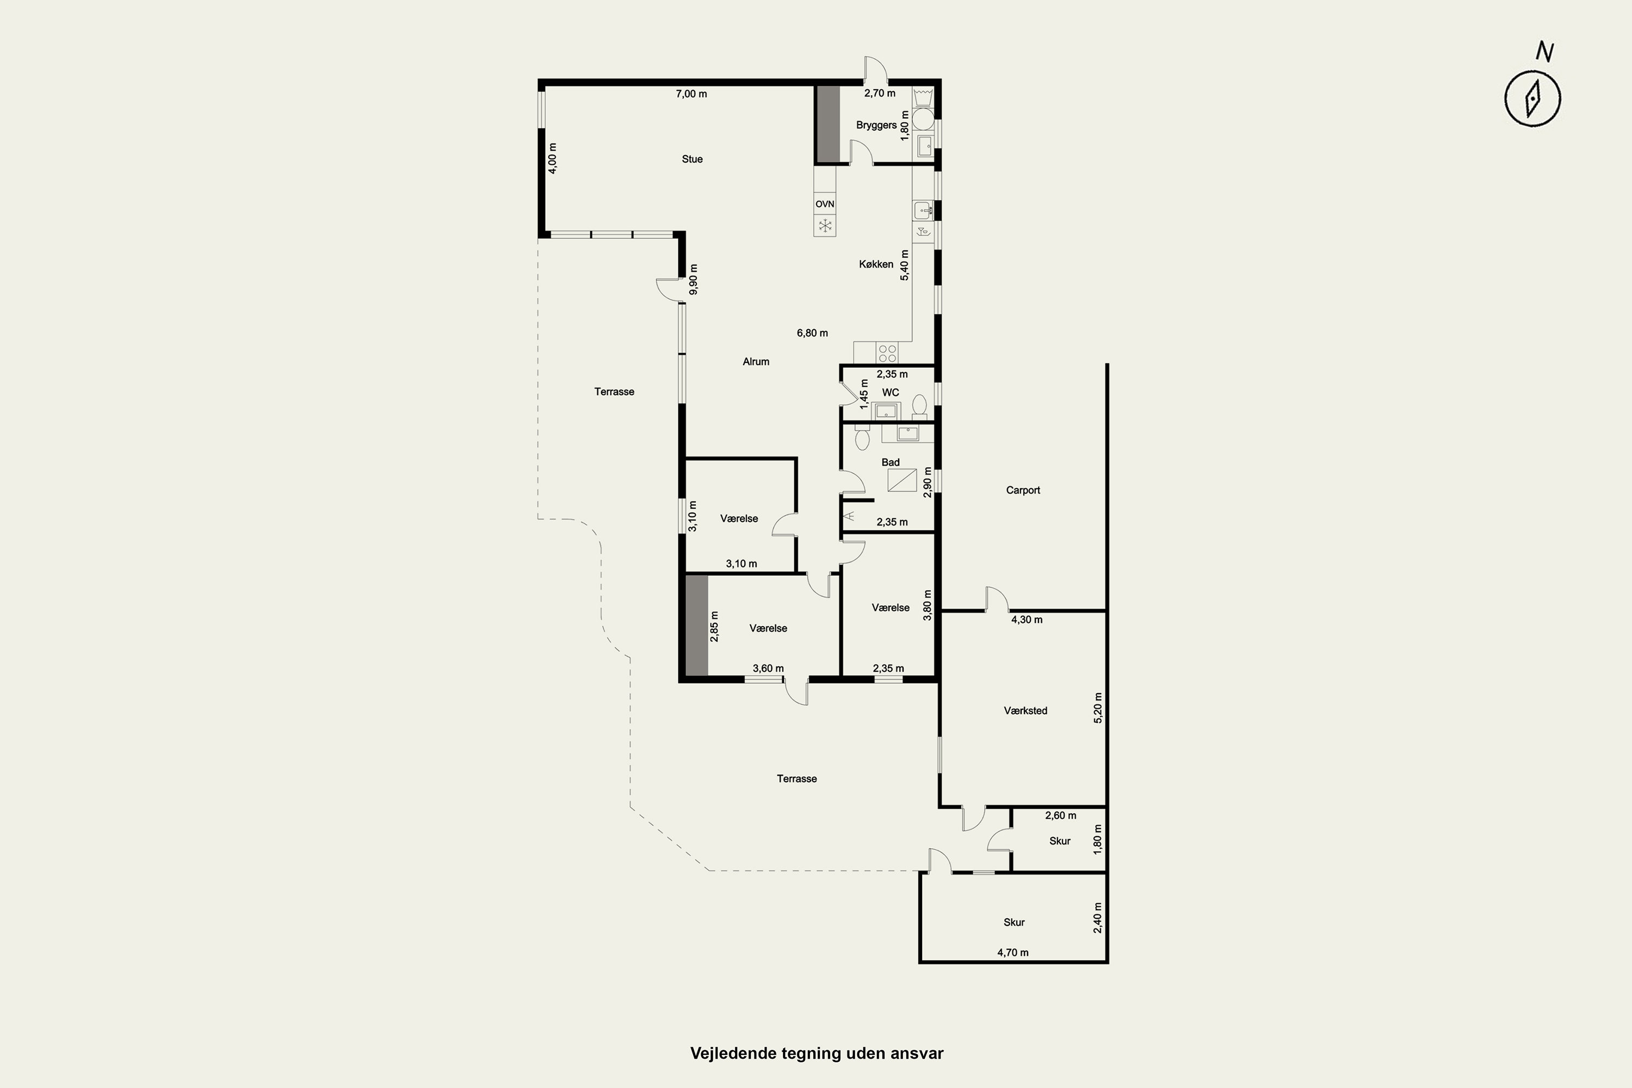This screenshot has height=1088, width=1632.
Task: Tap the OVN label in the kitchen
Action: point(824,204)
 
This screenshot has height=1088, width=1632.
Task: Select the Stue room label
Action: point(692,159)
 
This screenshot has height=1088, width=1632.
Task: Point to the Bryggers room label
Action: point(876,125)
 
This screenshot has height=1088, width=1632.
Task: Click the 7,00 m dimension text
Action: point(691,94)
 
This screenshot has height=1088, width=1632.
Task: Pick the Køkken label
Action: point(876,264)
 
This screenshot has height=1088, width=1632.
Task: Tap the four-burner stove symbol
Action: point(887,353)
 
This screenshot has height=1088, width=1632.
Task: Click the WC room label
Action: point(890,392)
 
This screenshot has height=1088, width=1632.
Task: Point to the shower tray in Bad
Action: point(902,480)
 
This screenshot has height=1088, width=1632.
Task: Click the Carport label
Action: point(1023,490)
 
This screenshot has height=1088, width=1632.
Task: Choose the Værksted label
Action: point(1025,710)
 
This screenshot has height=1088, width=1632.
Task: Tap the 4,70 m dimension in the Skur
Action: point(1013,953)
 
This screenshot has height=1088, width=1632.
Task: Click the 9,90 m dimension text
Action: point(693,279)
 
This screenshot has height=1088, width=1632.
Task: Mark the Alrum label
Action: point(756,362)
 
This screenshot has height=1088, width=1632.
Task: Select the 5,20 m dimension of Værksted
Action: point(1098,708)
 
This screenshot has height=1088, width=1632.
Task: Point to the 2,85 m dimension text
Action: point(714,626)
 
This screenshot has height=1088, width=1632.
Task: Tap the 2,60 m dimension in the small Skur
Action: point(1061,815)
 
